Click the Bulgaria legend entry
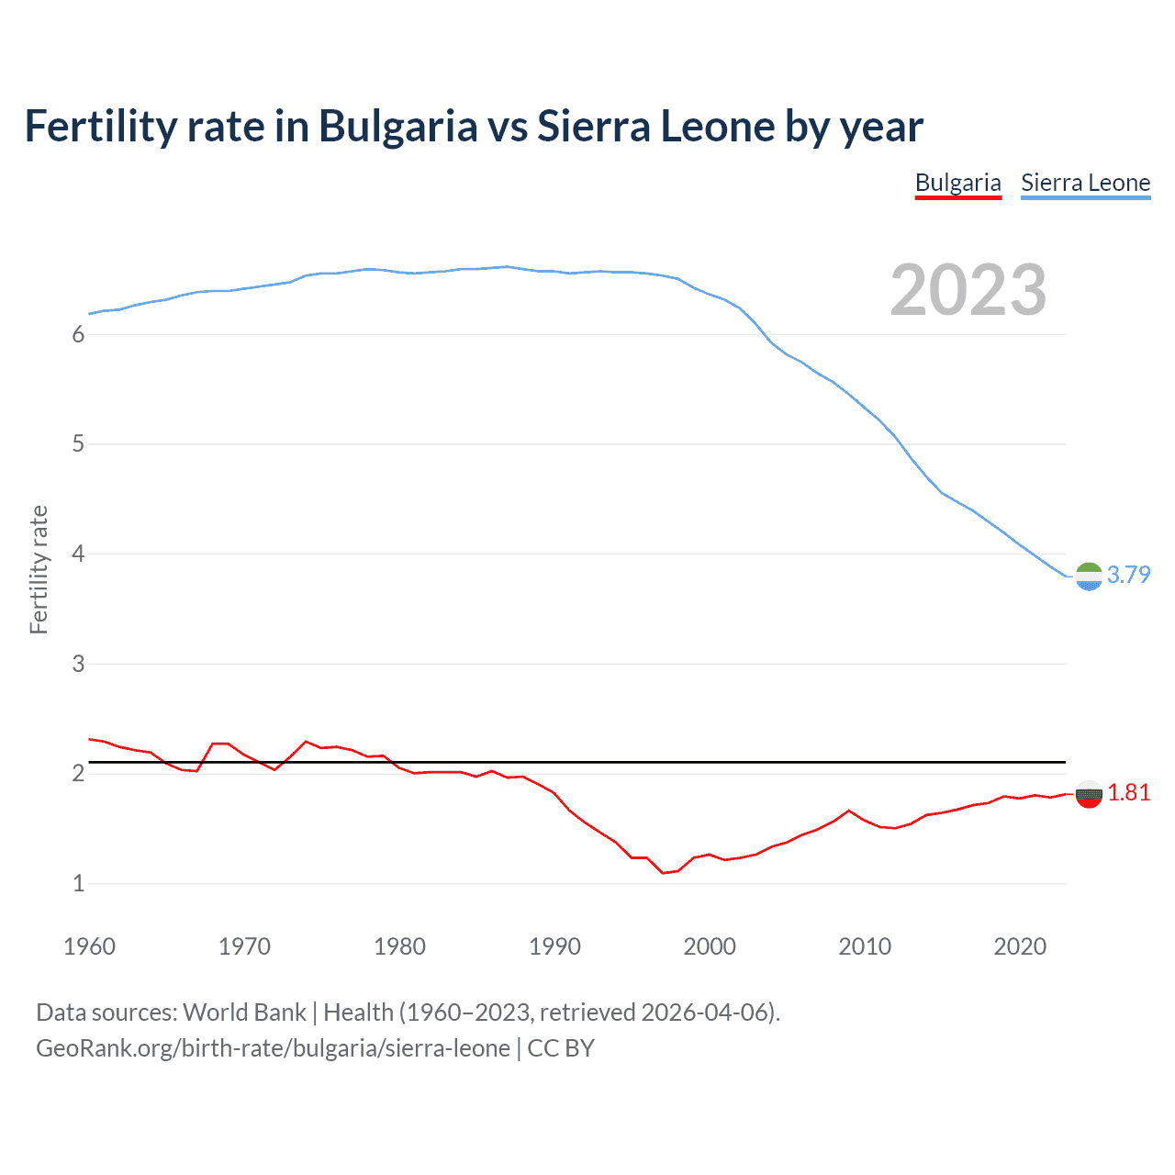[957, 183]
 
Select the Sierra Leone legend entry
[1085, 183]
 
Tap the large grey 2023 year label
[968, 290]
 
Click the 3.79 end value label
[1128, 575]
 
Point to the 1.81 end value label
[1128, 792]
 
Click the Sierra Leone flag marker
[1089, 576]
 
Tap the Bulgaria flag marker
[1089, 794]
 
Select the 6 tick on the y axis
[78, 335]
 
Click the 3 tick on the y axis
[78, 664]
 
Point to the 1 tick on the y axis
[78, 883]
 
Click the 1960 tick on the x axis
[89, 946]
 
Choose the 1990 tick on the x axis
[554, 946]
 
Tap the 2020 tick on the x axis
[1020, 946]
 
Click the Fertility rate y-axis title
[39, 569]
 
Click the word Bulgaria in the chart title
[397, 126]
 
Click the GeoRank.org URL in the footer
[273, 1048]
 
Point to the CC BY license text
[561, 1048]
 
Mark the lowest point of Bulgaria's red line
[663, 873]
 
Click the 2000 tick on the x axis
[710, 946]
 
